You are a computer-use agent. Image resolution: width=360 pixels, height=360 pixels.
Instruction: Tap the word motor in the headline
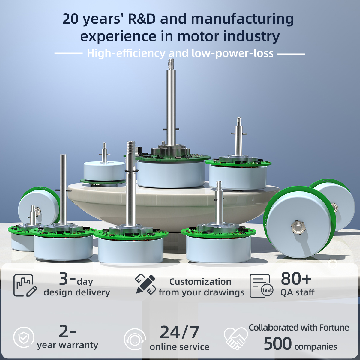(x=198, y=36)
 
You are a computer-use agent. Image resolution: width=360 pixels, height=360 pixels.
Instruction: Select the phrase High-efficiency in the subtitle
(x=126, y=53)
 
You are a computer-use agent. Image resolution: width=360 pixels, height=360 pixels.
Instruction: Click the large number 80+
(x=296, y=279)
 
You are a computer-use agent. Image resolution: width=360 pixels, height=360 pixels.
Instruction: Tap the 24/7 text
(x=179, y=332)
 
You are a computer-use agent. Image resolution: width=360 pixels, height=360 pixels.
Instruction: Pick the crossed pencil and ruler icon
(x=145, y=285)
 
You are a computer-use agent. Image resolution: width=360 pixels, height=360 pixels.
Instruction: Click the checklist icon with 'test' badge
(x=262, y=286)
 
